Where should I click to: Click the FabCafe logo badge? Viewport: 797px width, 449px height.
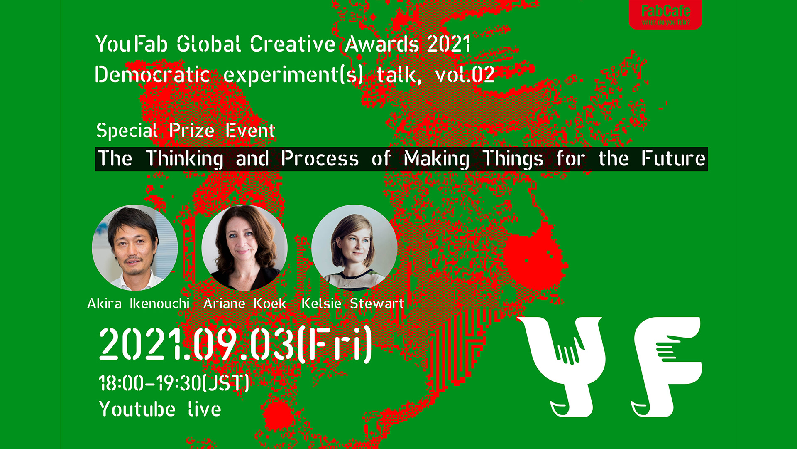665,15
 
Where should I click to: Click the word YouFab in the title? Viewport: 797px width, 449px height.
132,44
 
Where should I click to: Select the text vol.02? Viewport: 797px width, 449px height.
465,75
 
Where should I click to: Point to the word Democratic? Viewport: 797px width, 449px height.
152,75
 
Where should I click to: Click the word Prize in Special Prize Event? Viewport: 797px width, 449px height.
192,131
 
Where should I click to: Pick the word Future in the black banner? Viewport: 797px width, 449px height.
673,158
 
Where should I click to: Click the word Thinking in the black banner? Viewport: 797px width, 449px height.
185,159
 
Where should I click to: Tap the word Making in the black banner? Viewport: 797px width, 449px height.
437,159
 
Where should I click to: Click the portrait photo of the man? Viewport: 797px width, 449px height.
135,247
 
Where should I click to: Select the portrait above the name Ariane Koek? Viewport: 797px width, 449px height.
244,247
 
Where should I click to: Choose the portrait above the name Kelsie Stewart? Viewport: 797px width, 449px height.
354,247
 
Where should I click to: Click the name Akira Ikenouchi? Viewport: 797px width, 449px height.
138,303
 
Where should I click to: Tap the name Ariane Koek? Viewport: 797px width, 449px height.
244,303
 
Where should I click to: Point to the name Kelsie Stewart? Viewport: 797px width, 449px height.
353,303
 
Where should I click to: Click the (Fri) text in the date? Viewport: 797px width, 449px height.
335,344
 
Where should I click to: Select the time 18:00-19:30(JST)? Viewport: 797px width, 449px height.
174,383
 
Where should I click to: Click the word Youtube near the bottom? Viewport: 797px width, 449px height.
137,409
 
